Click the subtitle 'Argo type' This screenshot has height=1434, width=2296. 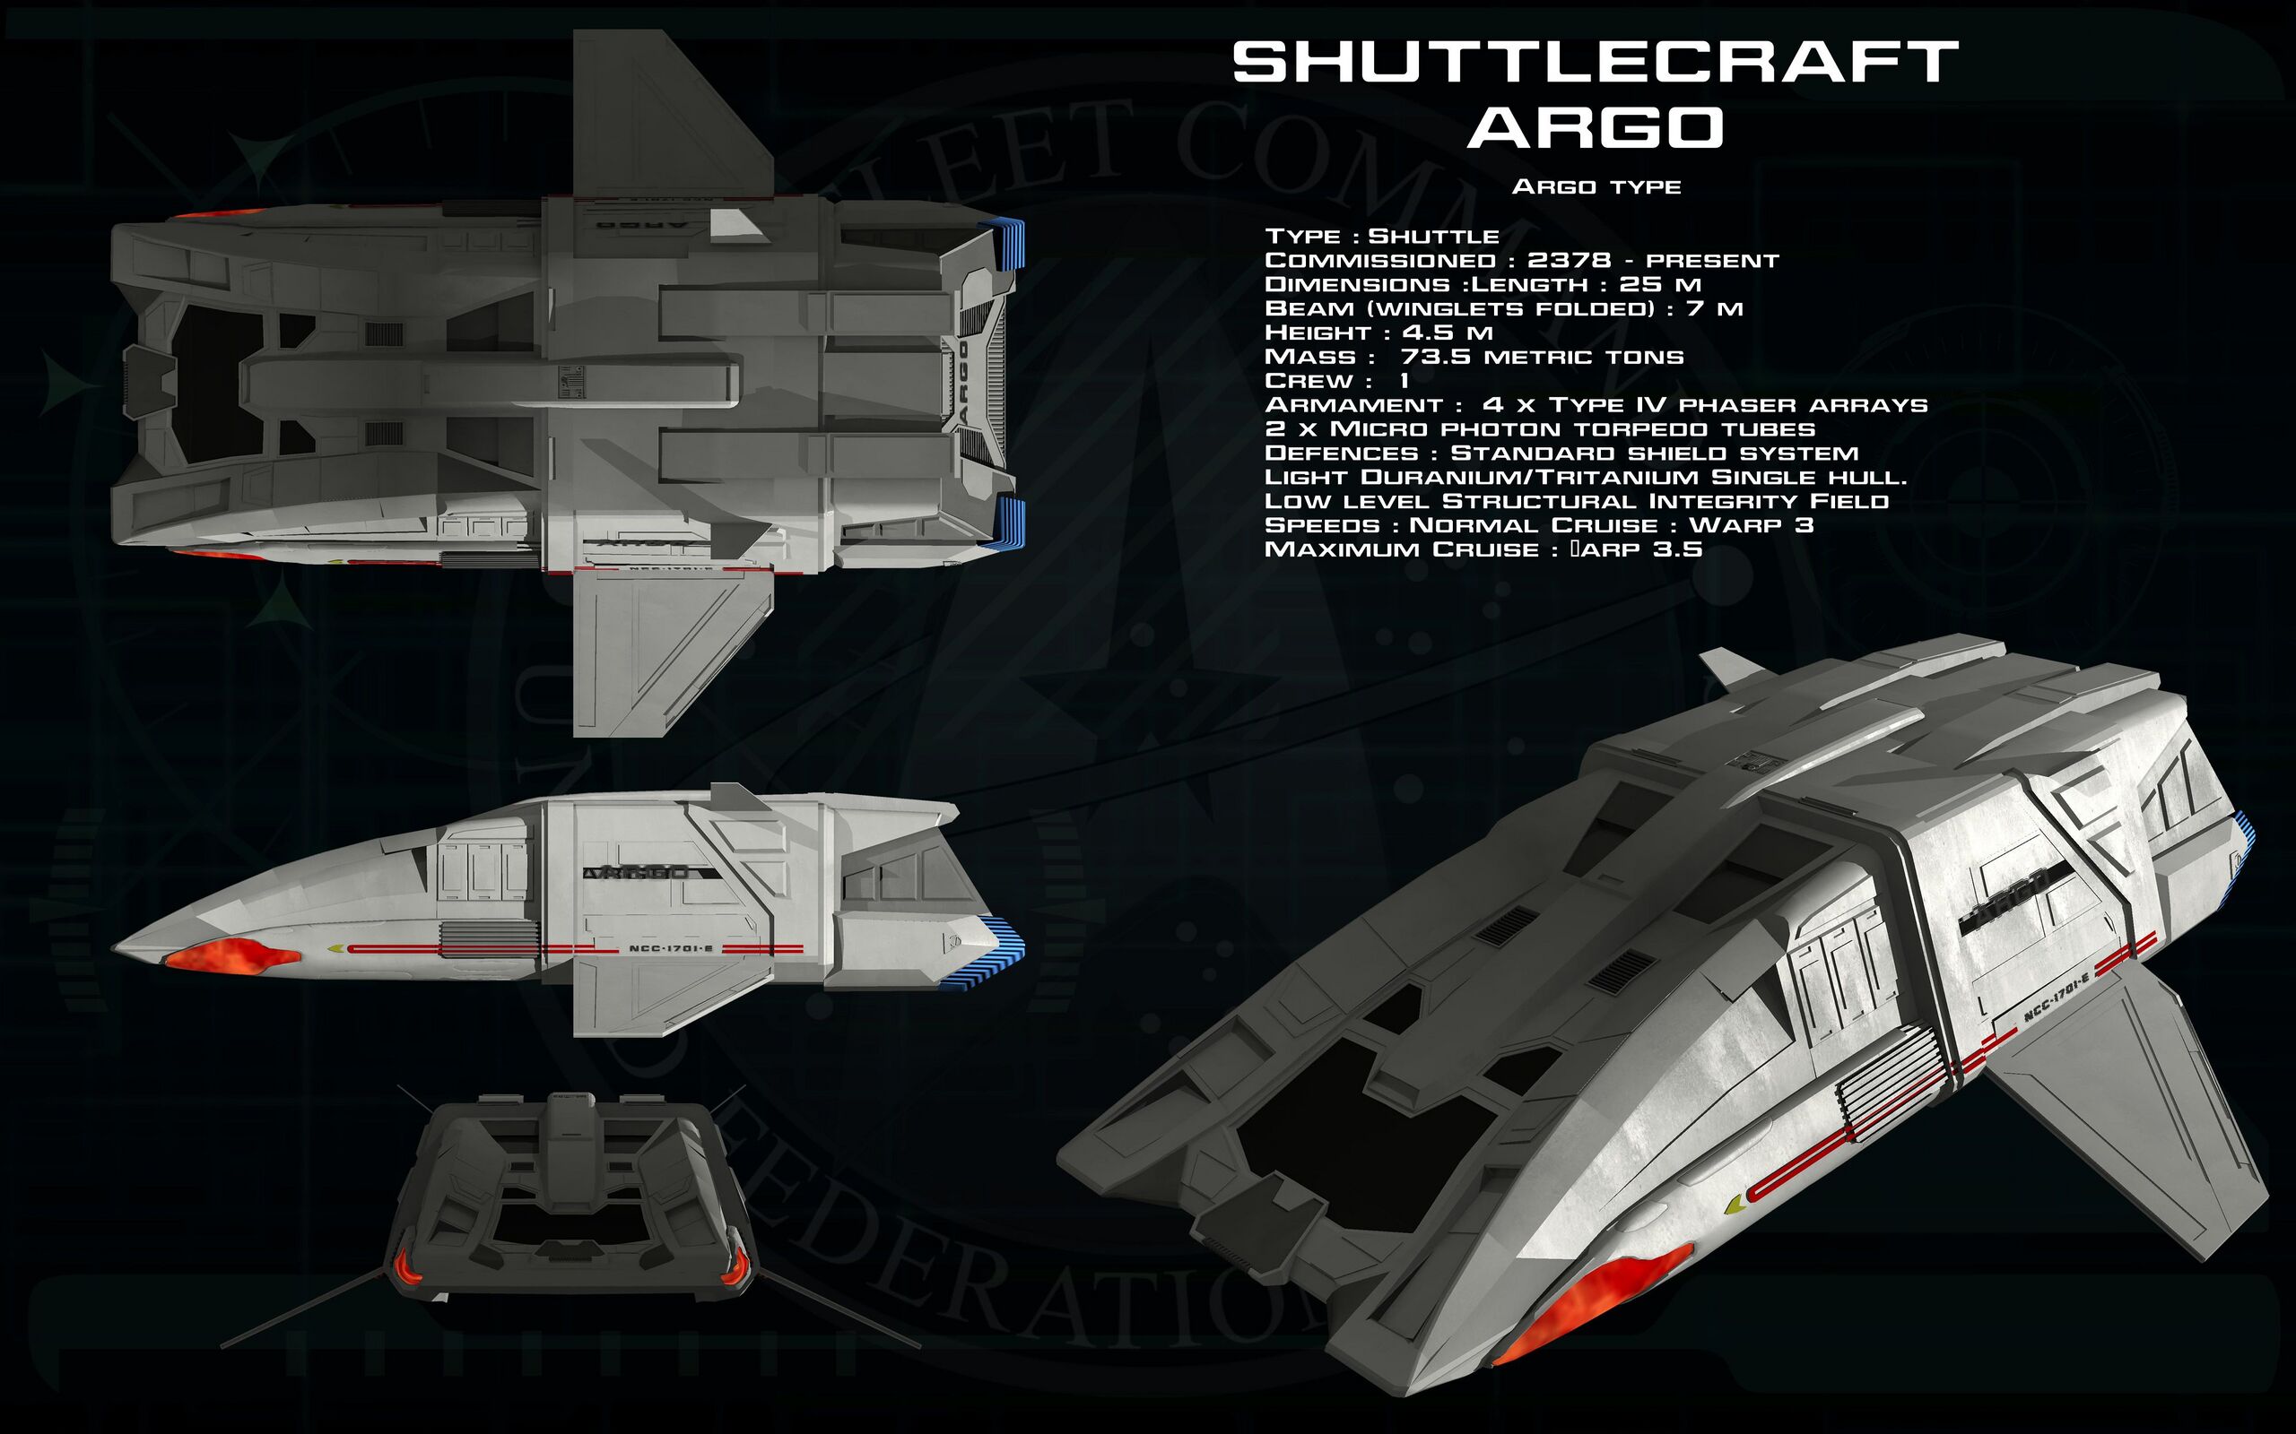pos(1596,186)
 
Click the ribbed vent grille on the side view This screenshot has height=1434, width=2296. pos(489,934)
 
